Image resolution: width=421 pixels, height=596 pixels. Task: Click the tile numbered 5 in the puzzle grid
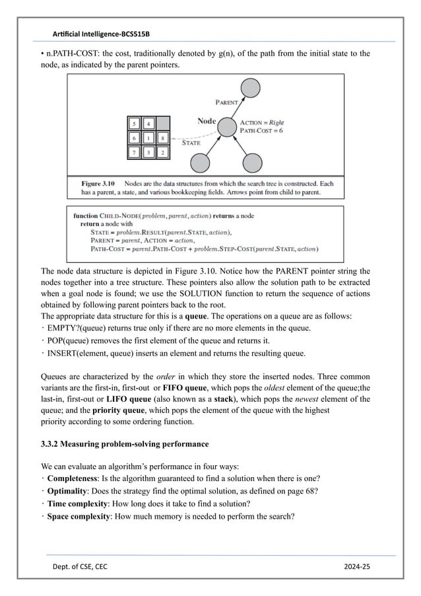[134, 124]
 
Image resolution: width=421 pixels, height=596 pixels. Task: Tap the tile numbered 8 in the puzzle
[162, 138]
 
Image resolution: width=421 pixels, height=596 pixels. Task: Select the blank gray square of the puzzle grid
[162, 124]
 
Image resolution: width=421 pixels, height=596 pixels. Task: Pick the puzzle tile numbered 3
[148, 153]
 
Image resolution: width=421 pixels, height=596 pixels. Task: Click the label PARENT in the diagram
[228, 103]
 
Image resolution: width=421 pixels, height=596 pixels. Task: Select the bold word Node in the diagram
[207, 121]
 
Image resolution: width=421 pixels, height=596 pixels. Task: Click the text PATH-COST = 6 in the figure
[263, 131]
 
